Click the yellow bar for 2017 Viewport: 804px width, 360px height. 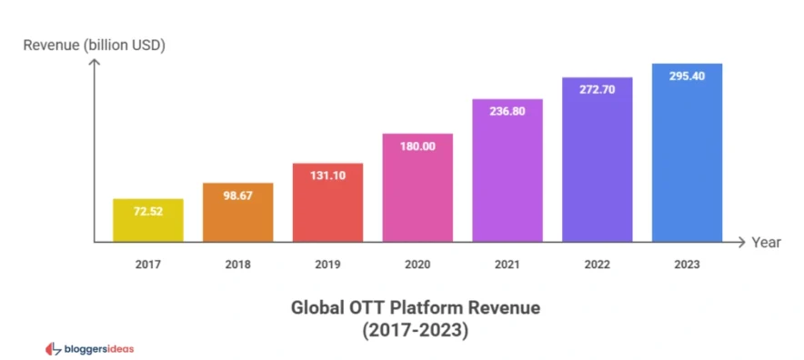pos(147,220)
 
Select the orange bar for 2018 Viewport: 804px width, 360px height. pos(237,213)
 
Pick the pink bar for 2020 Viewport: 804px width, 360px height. pos(417,187)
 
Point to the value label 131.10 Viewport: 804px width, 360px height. pos(327,177)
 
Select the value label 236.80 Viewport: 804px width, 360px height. pos(508,114)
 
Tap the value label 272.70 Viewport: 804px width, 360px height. pos(597,91)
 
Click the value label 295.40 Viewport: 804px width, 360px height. pos(687,76)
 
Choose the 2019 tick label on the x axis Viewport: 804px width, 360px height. pos(327,264)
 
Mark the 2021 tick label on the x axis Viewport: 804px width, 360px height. pos(508,264)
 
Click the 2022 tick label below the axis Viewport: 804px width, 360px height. pos(597,264)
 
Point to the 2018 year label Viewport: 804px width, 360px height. pos(237,264)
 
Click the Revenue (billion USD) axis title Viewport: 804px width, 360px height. pos(94,45)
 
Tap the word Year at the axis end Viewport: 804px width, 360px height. pos(766,243)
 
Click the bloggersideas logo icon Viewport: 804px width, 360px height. pos(52,348)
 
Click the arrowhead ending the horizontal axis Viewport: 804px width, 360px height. pos(743,243)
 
